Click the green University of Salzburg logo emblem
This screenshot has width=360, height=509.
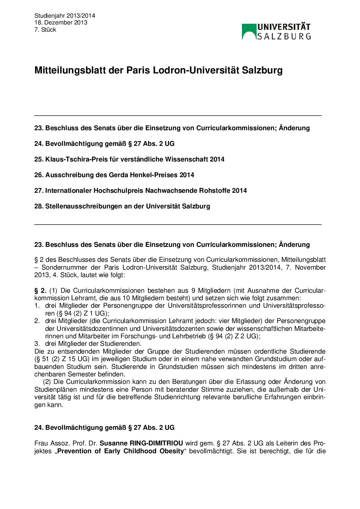pyautogui.click(x=249, y=31)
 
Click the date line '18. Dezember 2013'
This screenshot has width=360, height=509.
pyautogui.click(x=61, y=22)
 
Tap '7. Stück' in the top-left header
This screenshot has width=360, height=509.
pyautogui.click(x=45, y=30)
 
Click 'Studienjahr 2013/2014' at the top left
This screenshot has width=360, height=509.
pyautogui.click(x=65, y=16)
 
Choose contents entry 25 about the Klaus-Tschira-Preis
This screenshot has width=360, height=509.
pyautogui.click(x=129, y=159)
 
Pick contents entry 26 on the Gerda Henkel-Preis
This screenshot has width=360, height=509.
pyautogui.click(x=114, y=175)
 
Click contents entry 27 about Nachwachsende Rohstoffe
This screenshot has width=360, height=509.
pyautogui.click(x=141, y=190)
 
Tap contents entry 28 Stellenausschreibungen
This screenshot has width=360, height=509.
pyautogui.click(x=122, y=206)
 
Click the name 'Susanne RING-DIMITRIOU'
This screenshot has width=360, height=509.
pyautogui.click(x=141, y=443)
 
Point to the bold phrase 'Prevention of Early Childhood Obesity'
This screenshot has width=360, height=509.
pyautogui.click(x=121, y=451)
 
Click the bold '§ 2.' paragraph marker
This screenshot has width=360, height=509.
pyautogui.click(x=40, y=290)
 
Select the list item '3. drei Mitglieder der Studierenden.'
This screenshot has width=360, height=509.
pyautogui.click(x=88, y=343)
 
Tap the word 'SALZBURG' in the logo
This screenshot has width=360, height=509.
pyautogui.click(x=284, y=36)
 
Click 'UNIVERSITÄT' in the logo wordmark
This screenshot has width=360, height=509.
pyautogui.click(x=284, y=27)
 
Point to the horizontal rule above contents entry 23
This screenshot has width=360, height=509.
pyautogui.click(x=178, y=116)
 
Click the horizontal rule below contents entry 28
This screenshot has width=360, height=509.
pyautogui.click(x=178, y=224)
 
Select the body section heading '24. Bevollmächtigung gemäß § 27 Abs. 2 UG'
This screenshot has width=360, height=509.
pyautogui.click(x=104, y=427)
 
